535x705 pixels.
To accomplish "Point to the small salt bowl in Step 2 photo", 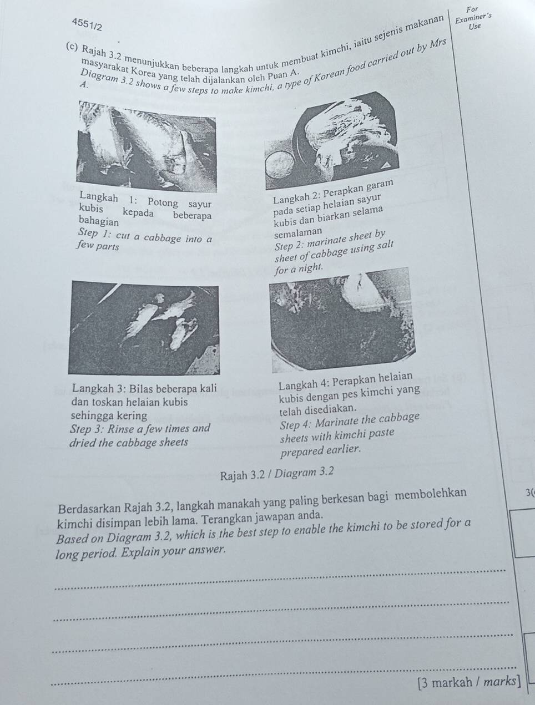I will (280, 165).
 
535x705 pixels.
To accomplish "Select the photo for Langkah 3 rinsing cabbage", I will (144, 328).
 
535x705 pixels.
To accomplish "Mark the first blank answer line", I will (277, 576).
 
